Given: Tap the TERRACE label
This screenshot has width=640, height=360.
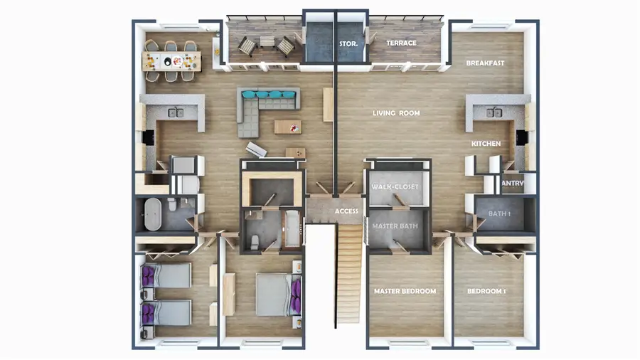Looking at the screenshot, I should pos(401,43).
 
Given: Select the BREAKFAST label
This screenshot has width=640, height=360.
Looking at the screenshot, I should pos(485,63).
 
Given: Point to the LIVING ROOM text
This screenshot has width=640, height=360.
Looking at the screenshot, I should pos(396,113).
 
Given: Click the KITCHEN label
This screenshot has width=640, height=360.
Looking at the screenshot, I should pos(486,144).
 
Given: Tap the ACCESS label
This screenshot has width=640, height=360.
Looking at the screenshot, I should pos(346,211).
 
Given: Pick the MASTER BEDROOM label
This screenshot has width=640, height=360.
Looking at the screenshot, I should pos(405,292).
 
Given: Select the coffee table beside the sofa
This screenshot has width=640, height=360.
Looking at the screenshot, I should pos(287,127).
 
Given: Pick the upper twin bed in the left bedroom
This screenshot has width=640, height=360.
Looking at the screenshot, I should pos(167,275).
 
